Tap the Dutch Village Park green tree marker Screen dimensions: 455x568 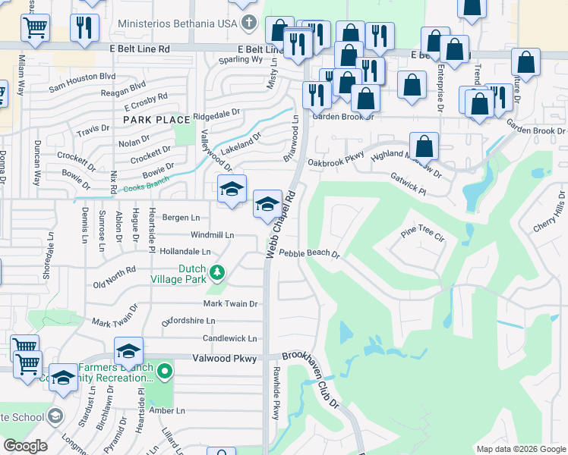pyautogui.click(x=217, y=271)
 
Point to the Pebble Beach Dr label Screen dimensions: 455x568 pyautogui.click(x=309, y=253)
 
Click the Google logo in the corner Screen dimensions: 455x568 pyautogui.click(x=25, y=446)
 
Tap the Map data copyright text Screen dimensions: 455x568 pyautogui.click(x=521, y=449)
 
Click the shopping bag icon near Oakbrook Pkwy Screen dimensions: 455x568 pyautogui.click(x=424, y=146)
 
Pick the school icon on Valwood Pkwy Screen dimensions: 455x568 pyautogui.click(x=129, y=351)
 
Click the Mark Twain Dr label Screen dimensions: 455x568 pyautogui.click(x=230, y=303)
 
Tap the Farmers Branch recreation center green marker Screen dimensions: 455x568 pyautogui.click(x=166, y=372)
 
